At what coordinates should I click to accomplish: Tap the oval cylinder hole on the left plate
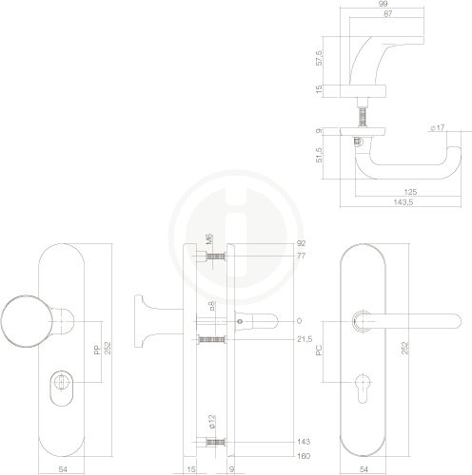(61, 388)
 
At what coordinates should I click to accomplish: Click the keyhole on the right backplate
(363, 389)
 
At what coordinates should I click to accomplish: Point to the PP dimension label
(97, 350)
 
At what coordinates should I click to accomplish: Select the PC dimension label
(319, 350)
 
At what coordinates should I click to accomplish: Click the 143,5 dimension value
(403, 202)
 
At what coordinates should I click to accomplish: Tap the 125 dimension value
(410, 192)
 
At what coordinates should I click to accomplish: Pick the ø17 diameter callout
(438, 127)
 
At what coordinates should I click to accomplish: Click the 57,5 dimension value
(319, 58)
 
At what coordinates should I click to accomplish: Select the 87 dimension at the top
(388, 13)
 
